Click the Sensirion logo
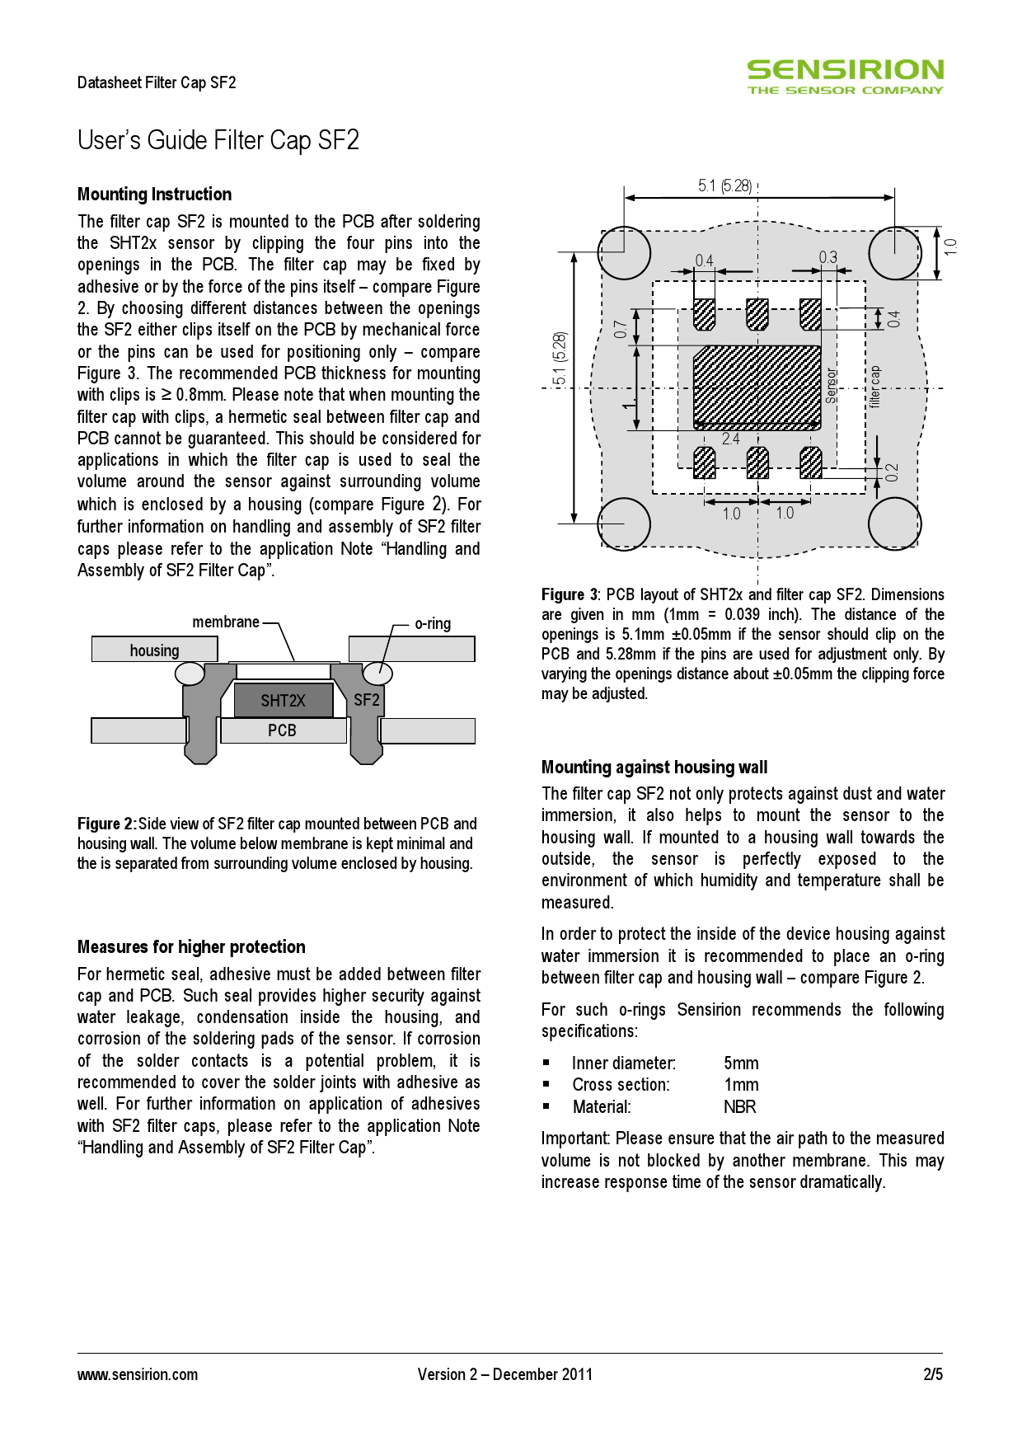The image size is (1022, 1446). pos(845,77)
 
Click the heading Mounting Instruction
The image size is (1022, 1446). pos(154,195)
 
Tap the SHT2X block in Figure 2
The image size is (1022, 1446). pos(283,701)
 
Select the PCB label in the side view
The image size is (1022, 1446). pos(282,730)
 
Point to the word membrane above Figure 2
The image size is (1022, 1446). pos(226,622)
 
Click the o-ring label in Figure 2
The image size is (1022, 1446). pos(433,624)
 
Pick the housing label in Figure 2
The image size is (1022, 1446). pos(154,650)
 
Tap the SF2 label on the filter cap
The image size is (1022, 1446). pos(367,701)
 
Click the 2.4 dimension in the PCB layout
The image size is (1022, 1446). pos(730,439)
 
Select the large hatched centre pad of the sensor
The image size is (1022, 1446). pos(757,386)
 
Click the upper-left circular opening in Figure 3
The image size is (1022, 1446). pos(624,252)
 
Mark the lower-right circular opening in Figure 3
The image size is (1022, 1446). pos(894,523)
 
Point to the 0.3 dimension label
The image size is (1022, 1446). pos(827,258)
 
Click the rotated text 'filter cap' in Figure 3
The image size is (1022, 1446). pos(874,387)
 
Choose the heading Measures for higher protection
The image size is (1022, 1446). pos(191,946)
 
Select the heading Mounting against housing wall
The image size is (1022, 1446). pos(654,768)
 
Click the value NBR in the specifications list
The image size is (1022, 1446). pos(739,1107)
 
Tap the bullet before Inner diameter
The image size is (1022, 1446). pos(546,1063)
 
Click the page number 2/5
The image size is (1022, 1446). pos(932,1374)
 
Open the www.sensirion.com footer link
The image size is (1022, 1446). pos(138,1374)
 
